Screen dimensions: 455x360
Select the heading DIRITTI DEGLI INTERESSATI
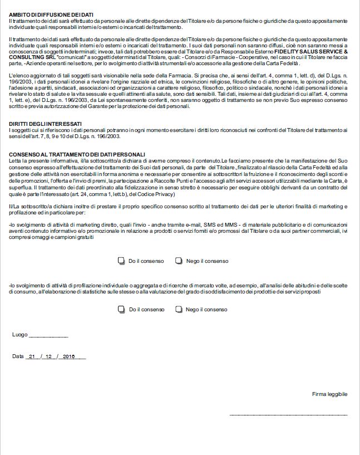(46, 124)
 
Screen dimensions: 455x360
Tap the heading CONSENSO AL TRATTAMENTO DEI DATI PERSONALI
(77, 154)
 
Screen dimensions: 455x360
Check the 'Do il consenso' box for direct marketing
(121, 261)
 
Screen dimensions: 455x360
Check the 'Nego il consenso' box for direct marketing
(179, 261)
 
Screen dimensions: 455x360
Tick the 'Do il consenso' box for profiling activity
(121, 309)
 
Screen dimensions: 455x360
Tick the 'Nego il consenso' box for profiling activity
(179, 309)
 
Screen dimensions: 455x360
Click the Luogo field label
(19, 335)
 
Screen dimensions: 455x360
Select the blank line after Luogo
(48, 336)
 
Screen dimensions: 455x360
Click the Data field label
(18, 356)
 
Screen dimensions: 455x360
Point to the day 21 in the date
(32, 356)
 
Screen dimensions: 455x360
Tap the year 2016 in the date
(70, 356)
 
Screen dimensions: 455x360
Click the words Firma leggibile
(329, 394)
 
